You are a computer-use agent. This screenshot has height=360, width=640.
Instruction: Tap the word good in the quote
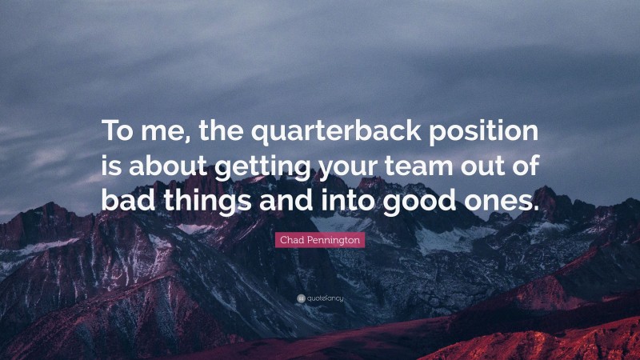tap(414, 198)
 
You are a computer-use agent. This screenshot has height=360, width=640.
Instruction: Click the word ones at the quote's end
tap(497, 198)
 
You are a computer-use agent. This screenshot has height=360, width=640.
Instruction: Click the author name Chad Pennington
tap(320, 240)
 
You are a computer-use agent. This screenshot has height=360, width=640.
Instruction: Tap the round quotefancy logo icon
tap(300, 298)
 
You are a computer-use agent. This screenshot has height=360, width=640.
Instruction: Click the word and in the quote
tap(286, 198)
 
